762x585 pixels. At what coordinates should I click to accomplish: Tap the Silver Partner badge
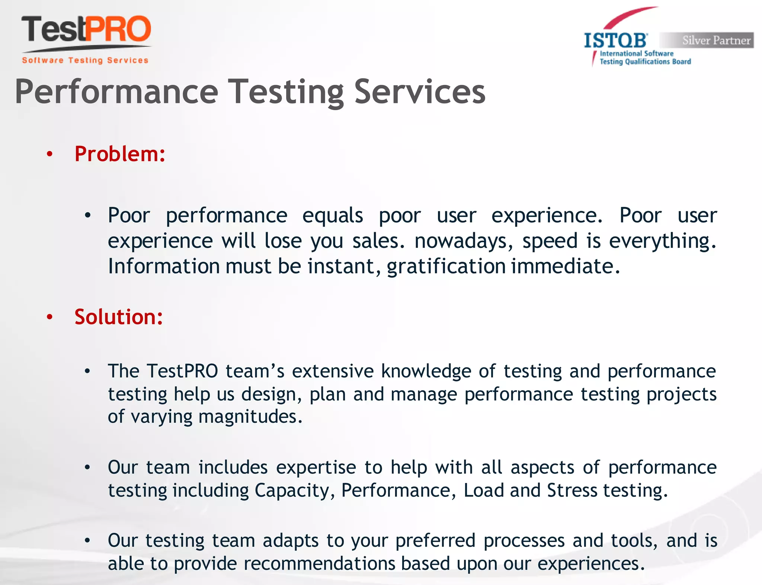(x=707, y=40)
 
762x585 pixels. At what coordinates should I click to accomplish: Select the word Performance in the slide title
(x=116, y=92)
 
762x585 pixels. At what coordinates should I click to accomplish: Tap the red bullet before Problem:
(x=50, y=154)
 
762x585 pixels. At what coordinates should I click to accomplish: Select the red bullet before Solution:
(x=50, y=317)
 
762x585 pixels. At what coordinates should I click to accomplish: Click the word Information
(x=164, y=266)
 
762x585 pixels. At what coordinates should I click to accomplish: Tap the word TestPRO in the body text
(x=182, y=371)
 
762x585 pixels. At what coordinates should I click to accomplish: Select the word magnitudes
(x=250, y=416)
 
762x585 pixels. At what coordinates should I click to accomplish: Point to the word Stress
(x=572, y=490)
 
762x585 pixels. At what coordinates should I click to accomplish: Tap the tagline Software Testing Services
(x=85, y=60)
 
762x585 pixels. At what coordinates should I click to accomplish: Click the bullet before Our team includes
(x=87, y=467)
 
